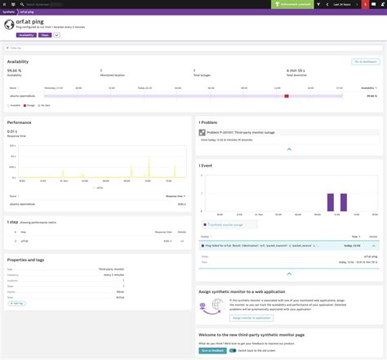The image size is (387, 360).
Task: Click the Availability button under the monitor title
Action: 25,35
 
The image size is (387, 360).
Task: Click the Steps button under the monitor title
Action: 44,35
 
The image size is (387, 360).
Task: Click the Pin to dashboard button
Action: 364,61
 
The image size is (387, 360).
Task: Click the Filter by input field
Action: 49,47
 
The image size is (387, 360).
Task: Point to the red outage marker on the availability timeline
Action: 287,96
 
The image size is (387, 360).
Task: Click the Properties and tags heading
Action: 29,259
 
